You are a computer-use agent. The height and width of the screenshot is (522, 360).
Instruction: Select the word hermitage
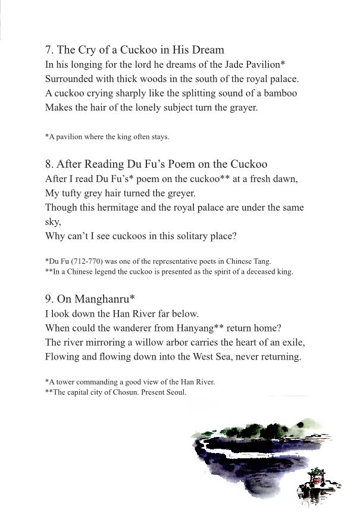tap(102, 207)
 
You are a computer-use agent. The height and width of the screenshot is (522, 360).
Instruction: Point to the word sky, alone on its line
tap(53, 221)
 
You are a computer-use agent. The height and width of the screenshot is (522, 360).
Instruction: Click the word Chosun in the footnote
tap(123, 392)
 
